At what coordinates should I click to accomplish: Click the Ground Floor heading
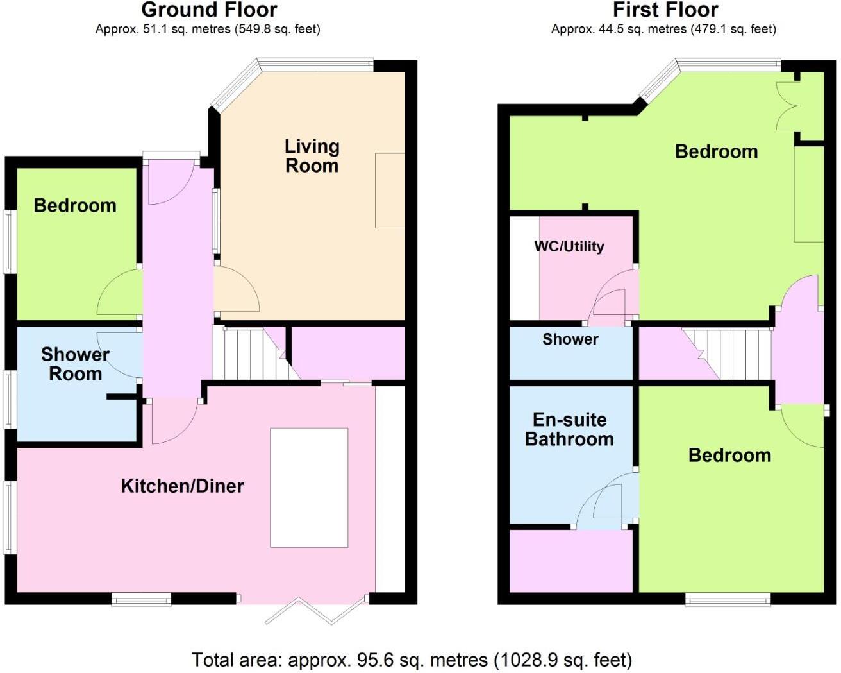pyautogui.click(x=209, y=10)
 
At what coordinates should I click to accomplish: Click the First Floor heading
pyautogui.click(x=665, y=10)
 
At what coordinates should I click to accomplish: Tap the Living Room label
pyautogui.click(x=312, y=156)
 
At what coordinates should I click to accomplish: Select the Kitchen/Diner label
pyautogui.click(x=182, y=486)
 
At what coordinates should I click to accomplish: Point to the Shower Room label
pyautogui.click(x=75, y=364)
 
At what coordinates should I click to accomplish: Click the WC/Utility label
pyautogui.click(x=569, y=246)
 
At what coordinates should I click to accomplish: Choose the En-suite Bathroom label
pyautogui.click(x=569, y=429)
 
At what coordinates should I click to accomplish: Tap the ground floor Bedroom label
pyautogui.click(x=75, y=205)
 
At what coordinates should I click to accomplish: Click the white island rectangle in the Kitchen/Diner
pyautogui.click(x=309, y=488)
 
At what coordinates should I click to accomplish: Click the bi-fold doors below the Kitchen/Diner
pyautogui.click(x=317, y=610)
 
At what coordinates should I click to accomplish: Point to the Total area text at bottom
pyautogui.click(x=412, y=660)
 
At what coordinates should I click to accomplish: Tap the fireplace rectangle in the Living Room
pyautogui.click(x=390, y=191)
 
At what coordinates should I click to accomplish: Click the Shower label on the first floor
pyautogui.click(x=570, y=339)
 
